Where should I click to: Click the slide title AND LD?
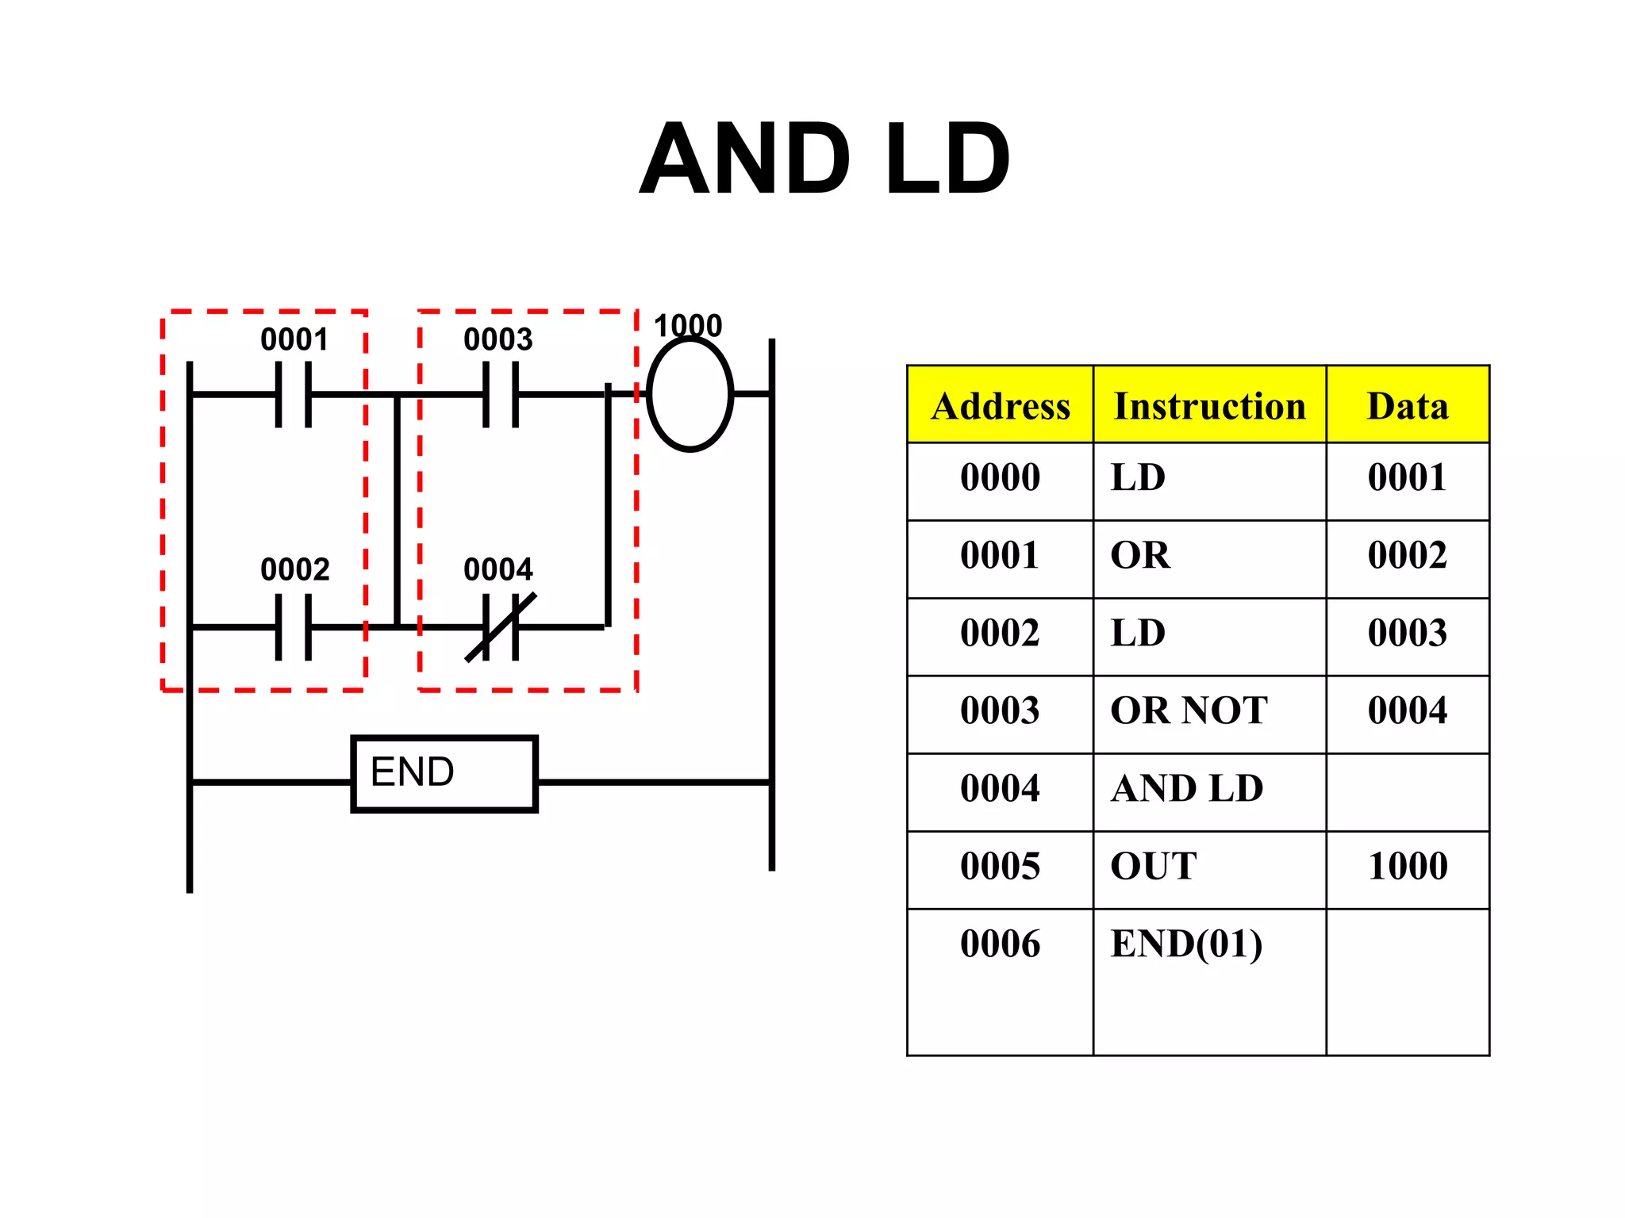[824, 159]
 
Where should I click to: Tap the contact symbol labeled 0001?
[293, 394]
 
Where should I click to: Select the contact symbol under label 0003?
[500, 394]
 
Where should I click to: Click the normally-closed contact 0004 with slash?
[500, 627]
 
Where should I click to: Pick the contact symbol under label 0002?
[293, 627]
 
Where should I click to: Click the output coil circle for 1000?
[690, 394]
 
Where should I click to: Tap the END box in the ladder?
[444, 773]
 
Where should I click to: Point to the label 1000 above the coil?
[687, 326]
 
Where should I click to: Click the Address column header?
[1000, 405]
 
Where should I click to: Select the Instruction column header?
[1209, 405]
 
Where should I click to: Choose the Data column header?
[1407, 405]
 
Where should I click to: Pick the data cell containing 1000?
[1407, 866]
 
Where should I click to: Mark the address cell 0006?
[1000, 944]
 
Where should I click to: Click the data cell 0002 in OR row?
[1407, 555]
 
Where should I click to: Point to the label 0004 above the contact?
[497, 569]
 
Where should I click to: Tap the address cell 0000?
[1000, 477]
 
